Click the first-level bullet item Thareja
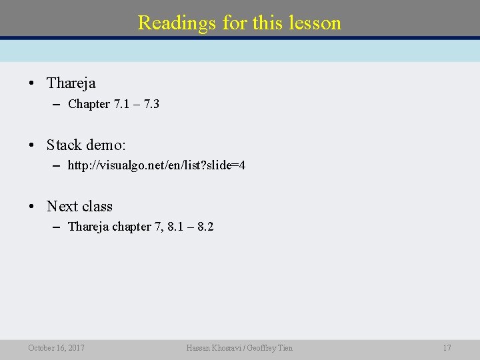coord(71,83)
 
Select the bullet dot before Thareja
coord(31,84)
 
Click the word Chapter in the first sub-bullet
coord(89,104)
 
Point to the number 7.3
coord(150,104)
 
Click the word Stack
coord(64,145)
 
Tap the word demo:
coord(106,145)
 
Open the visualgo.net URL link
coord(157,165)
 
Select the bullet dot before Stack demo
coord(31,145)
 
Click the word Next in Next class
coord(62,207)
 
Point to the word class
coord(97,207)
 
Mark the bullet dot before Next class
coord(31,207)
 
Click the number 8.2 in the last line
coord(205,227)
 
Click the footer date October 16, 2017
coord(56,347)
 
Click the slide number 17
coord(447,347)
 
